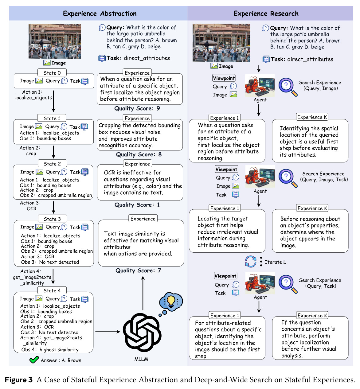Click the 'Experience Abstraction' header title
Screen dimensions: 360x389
[x=100, y=14]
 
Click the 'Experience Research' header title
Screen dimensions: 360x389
[x=266, y=14]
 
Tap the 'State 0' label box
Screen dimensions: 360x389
[x=52, y=73]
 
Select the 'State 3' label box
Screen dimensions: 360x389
[x=52, y=219]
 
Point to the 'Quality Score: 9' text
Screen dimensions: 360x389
[x=137, y=108]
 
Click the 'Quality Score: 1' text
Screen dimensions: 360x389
[x=137, y=205]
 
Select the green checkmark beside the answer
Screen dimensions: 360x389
[x=34, y=360]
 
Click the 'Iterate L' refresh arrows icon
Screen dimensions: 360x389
[x=250, y=262]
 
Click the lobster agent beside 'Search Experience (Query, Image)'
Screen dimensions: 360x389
[x=260, y=85]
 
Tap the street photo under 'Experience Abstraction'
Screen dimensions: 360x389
[x=54, y=41]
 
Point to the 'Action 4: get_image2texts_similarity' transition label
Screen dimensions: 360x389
[x=32, y=277]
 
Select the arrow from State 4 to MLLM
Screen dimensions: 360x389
[x=108, y=332]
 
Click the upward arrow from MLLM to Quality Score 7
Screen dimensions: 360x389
[x=143, y=293]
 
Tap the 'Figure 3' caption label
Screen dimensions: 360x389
[x=19, y=379]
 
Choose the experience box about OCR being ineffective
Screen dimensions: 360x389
[x=140, y=182]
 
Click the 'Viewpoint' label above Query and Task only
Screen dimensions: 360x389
[x=225, y=276]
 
